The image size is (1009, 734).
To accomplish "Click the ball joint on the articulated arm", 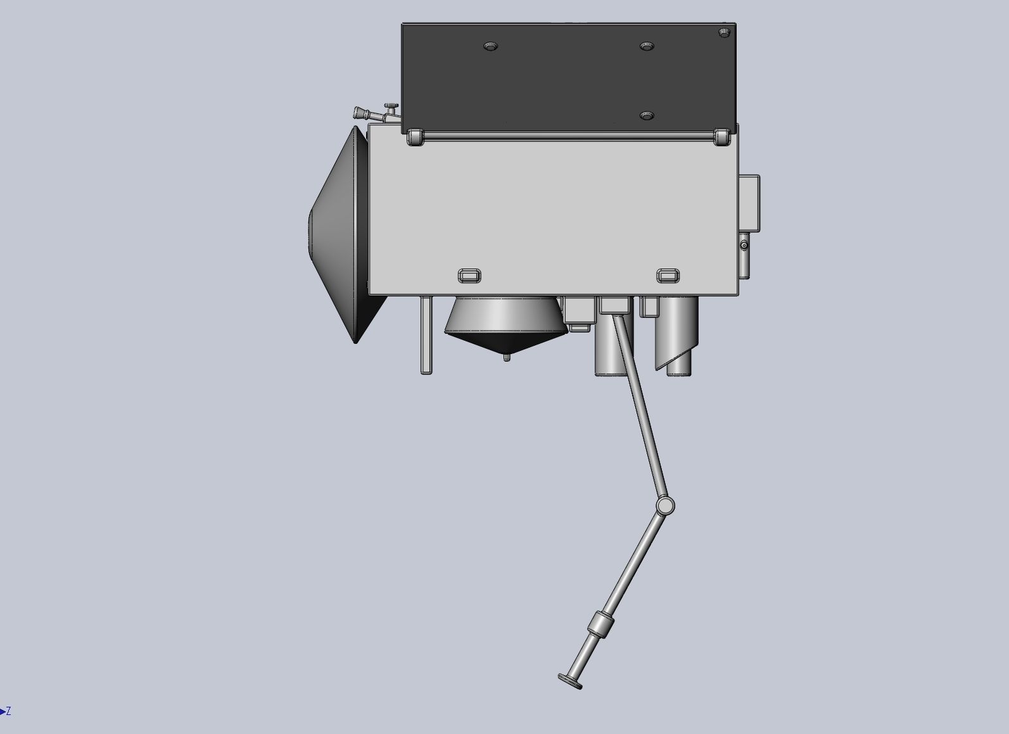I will point(664,505).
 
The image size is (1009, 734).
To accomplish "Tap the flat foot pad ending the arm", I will point(570,681).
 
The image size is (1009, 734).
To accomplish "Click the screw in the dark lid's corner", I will point(725,32).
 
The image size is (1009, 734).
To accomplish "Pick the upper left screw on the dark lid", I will point(490,46).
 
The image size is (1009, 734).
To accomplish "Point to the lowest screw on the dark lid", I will point(646,116).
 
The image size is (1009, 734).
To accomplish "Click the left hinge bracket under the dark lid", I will point(416,137).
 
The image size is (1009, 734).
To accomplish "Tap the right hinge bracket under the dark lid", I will point(721,137).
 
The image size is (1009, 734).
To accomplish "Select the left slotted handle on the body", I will point(469,275).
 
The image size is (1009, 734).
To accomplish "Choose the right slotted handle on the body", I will point(668,275).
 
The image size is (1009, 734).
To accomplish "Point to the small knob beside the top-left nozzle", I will point(391,106).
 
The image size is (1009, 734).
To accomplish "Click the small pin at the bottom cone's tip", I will point(506,358).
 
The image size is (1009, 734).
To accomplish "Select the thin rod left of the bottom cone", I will point(426,336).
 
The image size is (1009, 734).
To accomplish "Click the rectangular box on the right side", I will point(749,203).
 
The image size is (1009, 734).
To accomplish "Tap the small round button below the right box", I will point(744,244).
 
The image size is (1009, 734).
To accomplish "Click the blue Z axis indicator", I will point(6,712).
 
